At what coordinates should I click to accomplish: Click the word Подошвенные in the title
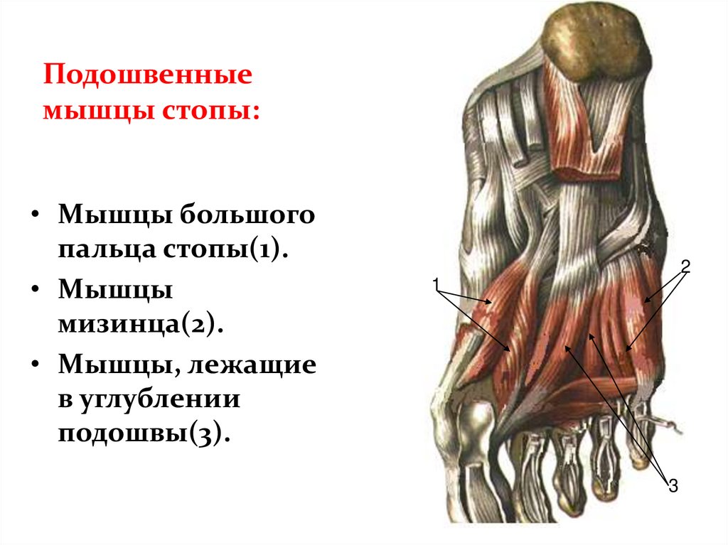pos(148,76)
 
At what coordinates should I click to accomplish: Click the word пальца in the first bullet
pos(107,249)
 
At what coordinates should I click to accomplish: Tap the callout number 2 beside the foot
pos(685,266)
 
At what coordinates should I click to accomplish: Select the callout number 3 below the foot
pos(673,487)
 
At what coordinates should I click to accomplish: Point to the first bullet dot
pos(35,215)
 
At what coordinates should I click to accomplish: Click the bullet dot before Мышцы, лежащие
pos(35,365)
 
